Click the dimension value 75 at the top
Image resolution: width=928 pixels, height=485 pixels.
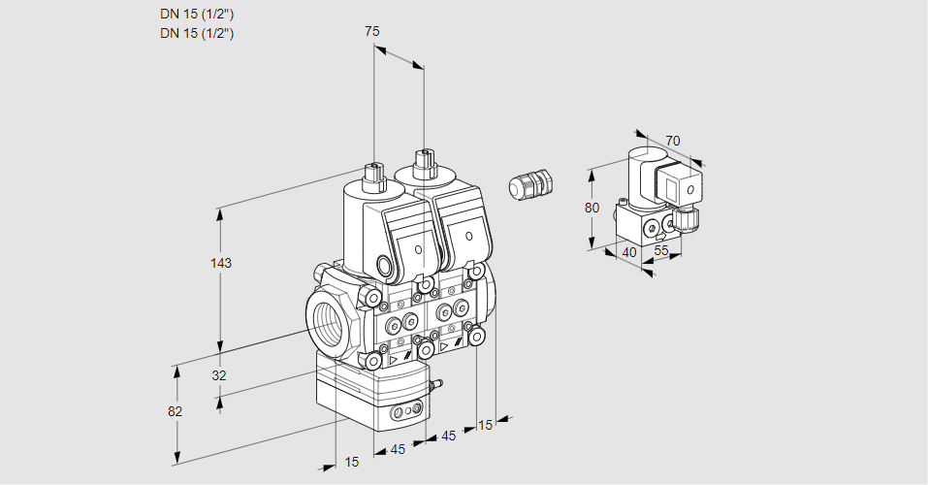[x=372, y=31]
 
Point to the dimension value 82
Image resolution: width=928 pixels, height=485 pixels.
[x=175, y=411]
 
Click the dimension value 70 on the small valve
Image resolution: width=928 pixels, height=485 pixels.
[x=672, y=141]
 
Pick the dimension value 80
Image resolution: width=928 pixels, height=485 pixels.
[x=593, y=207]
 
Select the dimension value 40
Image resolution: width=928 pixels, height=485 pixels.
[x=628, y=252]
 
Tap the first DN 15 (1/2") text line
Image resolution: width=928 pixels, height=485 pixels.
[x=198, y=14]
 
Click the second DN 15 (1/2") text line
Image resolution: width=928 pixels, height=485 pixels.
[x=198, y=33]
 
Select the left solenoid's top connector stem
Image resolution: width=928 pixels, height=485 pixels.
[x=372, y=175]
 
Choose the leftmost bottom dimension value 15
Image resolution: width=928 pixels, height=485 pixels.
[x=352, y=463]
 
